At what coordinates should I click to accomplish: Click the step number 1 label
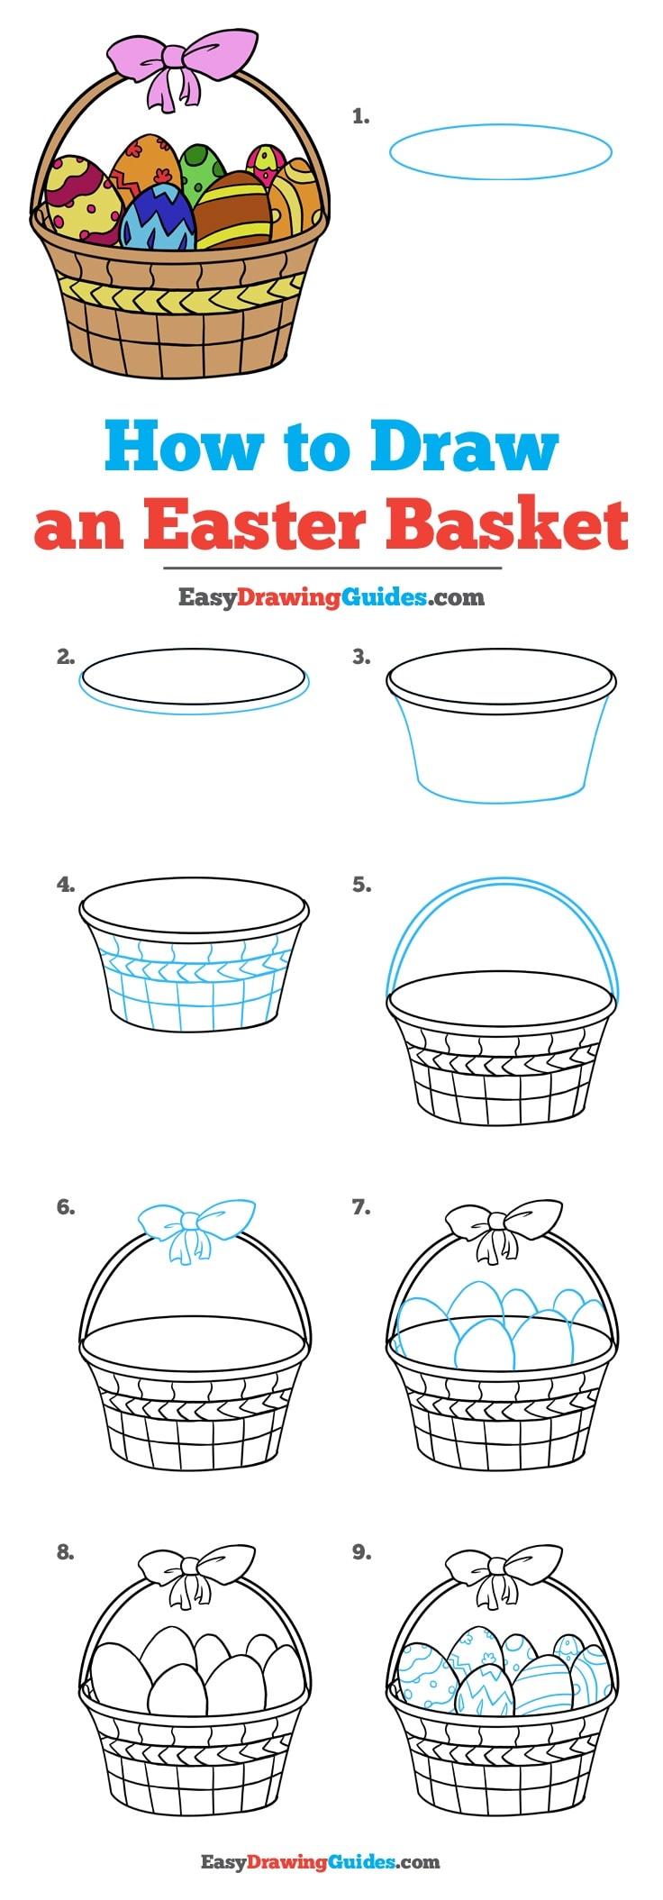360,116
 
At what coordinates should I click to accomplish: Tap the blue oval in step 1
501,152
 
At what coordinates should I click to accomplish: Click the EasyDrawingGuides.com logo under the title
331,596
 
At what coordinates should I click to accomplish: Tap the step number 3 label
360,658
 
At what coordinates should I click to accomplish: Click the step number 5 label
360,886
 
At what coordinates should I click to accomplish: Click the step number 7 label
360,1207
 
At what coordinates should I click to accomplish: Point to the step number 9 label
360,1552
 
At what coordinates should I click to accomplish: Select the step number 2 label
65,658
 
